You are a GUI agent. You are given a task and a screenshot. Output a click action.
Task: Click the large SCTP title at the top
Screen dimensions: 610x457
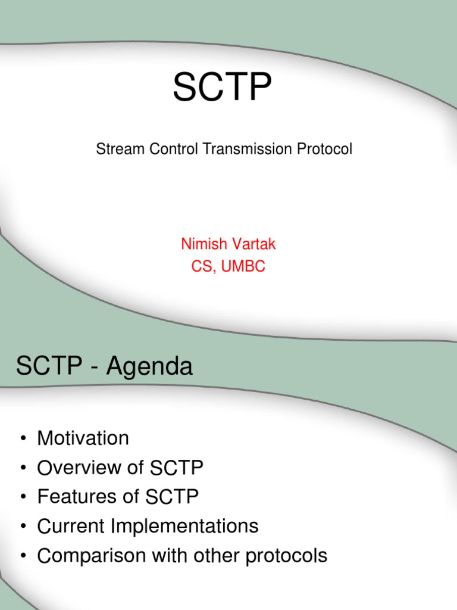tap(222, 88)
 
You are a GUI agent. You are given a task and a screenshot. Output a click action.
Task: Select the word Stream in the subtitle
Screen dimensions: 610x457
tap(113, 149)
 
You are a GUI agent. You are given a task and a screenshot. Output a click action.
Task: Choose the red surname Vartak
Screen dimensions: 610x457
tap(245, 244)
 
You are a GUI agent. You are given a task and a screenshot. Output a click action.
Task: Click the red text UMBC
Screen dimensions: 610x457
tap(243, 266)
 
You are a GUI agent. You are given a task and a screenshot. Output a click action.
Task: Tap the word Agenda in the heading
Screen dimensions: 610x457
tap(149, 368)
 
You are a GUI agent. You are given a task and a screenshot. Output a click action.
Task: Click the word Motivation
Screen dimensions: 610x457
tap(83, 438)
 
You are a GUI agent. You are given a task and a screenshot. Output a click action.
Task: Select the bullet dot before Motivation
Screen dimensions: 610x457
tap(23, 439)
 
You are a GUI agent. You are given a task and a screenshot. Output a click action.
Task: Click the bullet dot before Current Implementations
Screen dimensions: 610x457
tap(23, 527)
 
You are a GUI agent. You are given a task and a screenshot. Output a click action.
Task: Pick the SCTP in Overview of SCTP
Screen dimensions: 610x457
tap(177, 468)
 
